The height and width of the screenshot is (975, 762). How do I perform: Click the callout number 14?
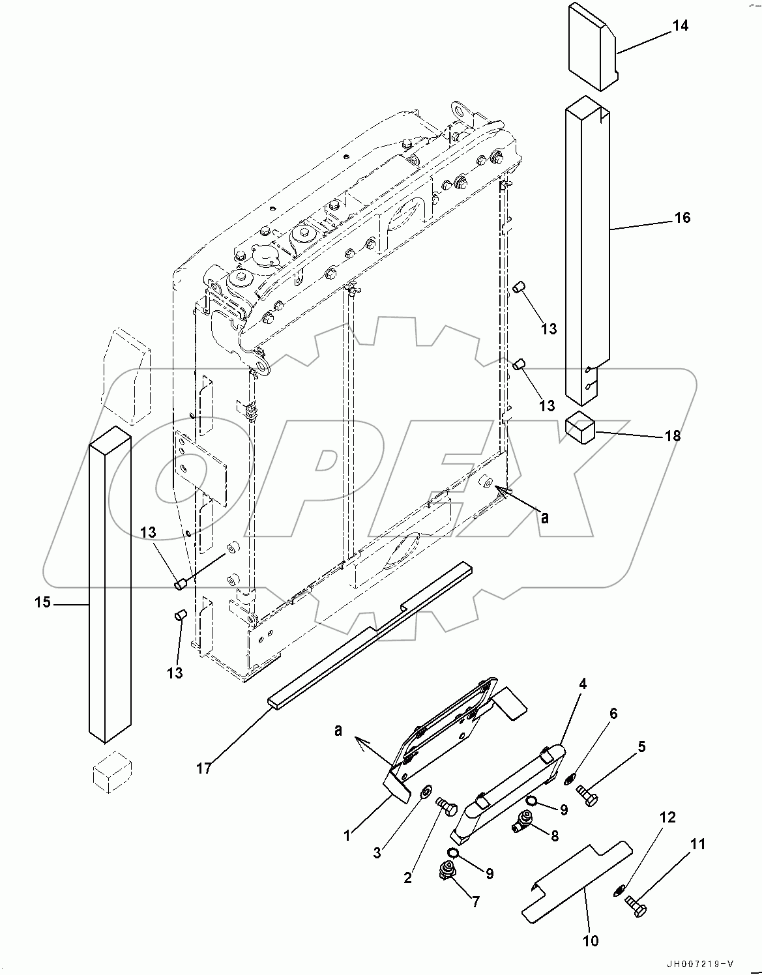tap(680, 26)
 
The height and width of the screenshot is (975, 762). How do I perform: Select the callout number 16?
tap(682, 218)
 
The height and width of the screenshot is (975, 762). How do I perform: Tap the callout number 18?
tap(672, 436)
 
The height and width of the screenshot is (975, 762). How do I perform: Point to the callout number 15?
tap(42, 603)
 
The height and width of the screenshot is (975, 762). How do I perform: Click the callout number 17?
tap(204, 769)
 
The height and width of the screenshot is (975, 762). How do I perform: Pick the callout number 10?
tap(590, 940)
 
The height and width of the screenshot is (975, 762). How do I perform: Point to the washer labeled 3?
tap(424, 791)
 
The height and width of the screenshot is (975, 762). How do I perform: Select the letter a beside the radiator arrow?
tap(545, 518)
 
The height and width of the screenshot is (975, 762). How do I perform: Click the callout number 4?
tap(582, 684)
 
